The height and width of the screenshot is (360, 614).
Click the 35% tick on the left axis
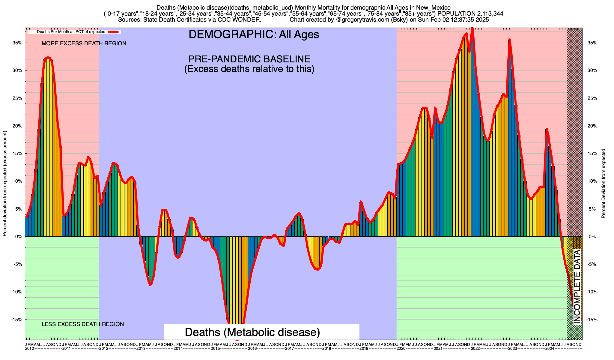point(17,43)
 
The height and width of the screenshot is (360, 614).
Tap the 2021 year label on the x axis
point(438,349)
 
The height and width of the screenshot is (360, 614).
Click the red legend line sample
point(114,31)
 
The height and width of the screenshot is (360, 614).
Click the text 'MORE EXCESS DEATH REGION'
point(84,43)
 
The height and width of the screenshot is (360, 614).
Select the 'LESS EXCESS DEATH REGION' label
point(83,324)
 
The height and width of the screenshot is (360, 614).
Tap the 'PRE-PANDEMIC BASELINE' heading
point(249,59)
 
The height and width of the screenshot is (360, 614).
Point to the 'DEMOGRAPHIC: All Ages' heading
point(254,34)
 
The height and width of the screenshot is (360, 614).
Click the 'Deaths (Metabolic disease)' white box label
point(252,332)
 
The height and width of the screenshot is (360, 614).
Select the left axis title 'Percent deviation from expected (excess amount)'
point(5,184)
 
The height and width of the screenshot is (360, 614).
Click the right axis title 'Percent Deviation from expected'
point(604,184)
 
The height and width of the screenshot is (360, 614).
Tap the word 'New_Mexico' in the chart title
point(437,7)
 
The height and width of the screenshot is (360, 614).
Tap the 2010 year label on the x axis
point(29,349)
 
